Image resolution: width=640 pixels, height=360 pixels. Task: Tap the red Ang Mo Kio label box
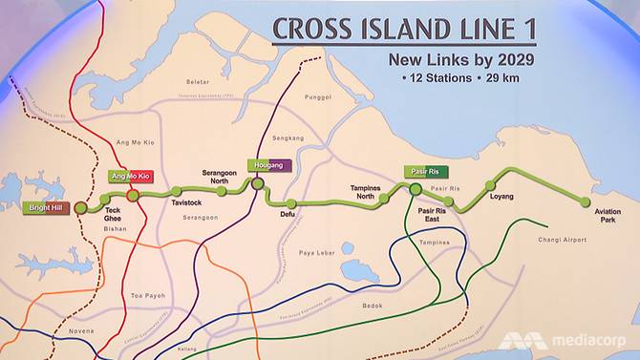(x=131, y=177)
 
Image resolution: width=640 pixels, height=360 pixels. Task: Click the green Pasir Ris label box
(x=418, y=171)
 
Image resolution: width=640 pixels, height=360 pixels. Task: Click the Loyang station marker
(x=491, y=185)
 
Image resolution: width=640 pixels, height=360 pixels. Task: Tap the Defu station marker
(x=291, y=203)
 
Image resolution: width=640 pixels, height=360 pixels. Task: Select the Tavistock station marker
(x=175, y=192)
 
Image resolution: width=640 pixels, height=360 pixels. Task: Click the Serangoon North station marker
(x=222, y=192)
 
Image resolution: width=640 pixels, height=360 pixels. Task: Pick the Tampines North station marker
(x=384, y=199)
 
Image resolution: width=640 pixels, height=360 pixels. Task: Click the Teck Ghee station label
(x=113, y=213)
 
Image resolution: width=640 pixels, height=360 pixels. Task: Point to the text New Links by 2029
(x=459, y=60)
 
